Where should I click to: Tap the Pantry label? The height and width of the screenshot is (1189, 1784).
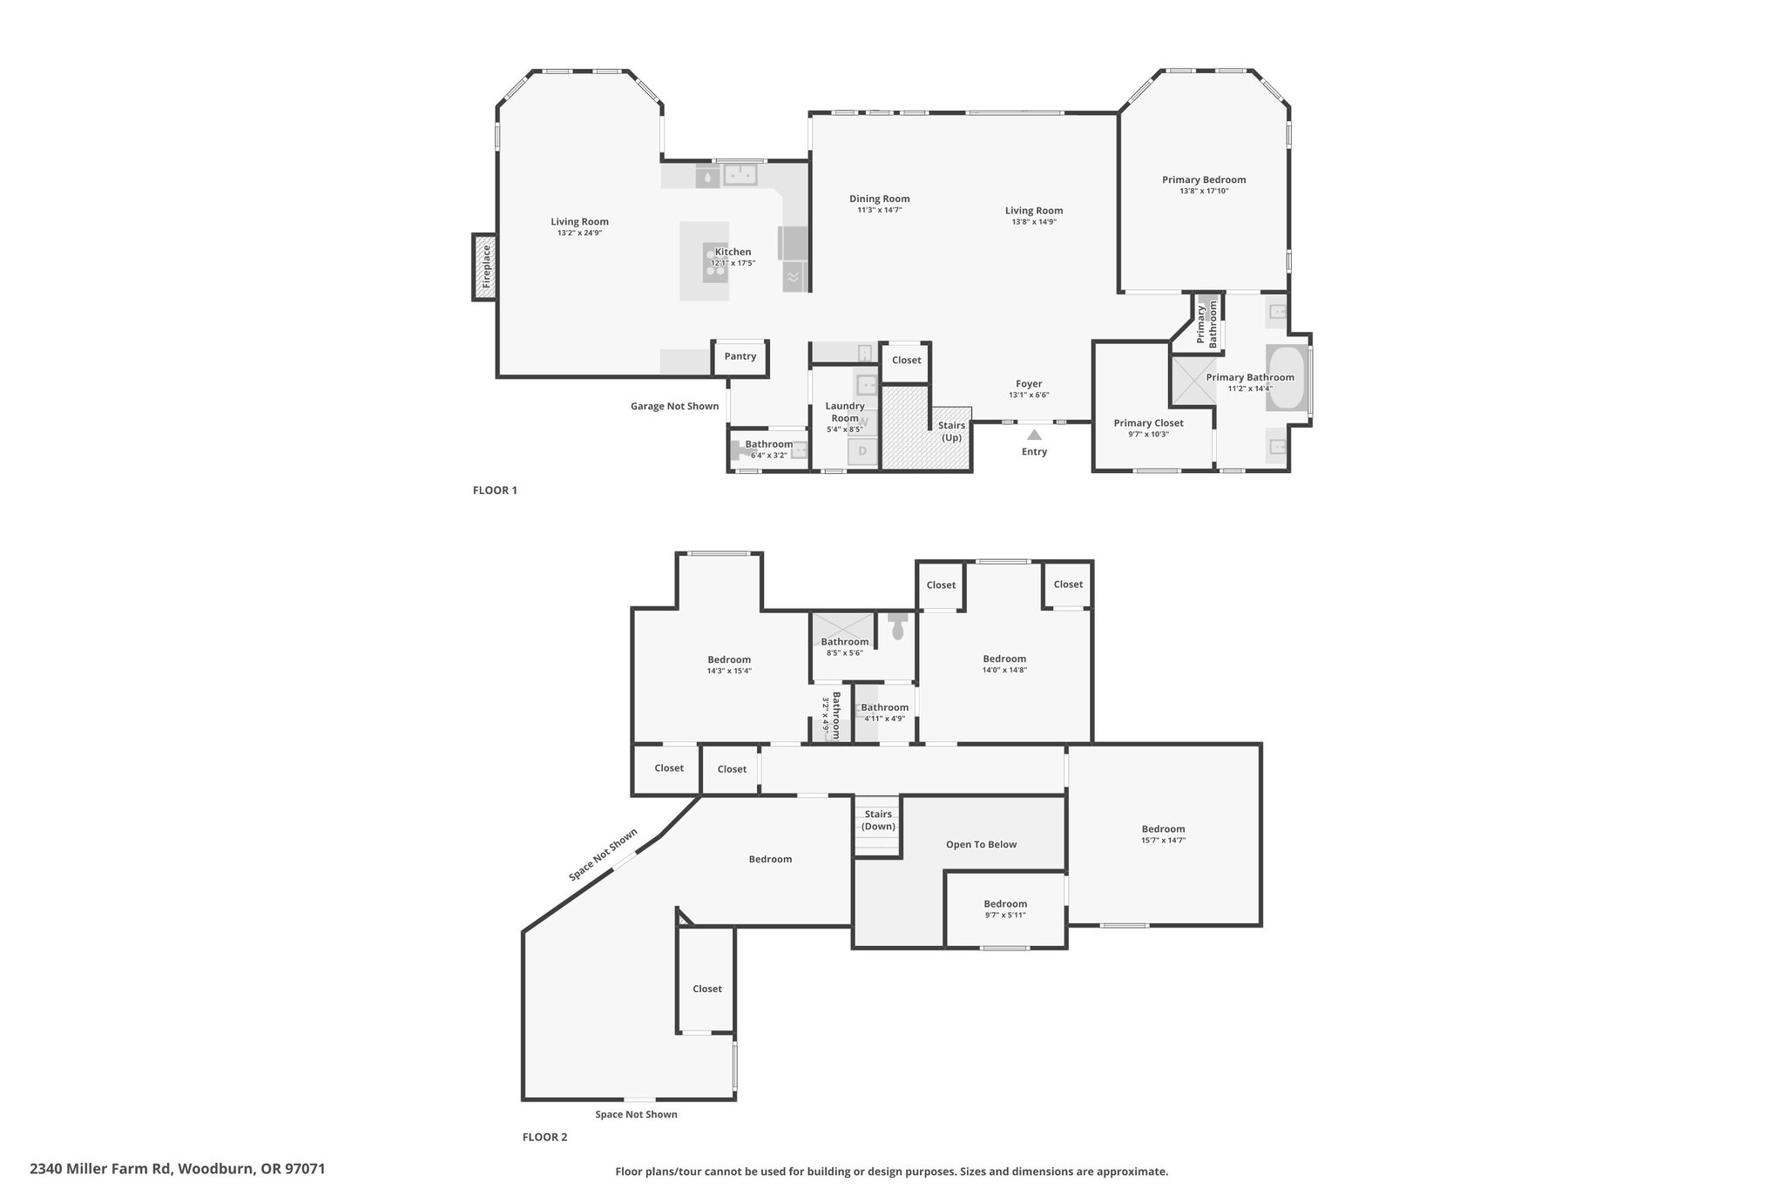coord(740,356)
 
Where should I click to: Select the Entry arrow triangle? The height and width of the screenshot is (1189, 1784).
coord(1034,434)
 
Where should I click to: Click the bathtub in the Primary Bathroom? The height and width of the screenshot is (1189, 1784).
coord(1286,378)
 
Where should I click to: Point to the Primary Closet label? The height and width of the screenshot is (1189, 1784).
coord(1148,423)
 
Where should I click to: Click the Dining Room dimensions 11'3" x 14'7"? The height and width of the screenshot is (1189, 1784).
coord(880,210)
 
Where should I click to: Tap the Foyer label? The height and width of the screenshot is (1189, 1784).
coord(1029,383)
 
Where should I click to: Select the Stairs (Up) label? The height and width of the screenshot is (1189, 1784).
coord(951,431)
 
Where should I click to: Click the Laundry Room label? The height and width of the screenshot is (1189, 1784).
coord(845,411)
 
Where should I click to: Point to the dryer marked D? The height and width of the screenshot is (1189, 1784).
coord(862,451)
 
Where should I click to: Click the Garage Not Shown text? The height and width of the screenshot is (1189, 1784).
coord(675,406)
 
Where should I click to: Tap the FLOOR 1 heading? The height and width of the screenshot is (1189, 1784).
coord(495,490)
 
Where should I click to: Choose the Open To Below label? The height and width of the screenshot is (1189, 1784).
coord(982,844)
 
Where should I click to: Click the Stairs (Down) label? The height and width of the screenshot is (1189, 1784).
coord(878,820)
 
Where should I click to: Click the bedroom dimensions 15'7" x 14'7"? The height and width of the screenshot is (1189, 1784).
coord(1163,841)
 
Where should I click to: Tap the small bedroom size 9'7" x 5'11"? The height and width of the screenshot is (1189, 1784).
coord(1005,915)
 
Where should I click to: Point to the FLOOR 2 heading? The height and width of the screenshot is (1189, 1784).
coord(544,1137)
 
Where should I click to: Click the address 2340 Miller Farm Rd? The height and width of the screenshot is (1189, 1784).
coord(102,1169)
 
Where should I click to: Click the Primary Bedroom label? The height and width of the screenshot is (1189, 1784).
coord(1204,179)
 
